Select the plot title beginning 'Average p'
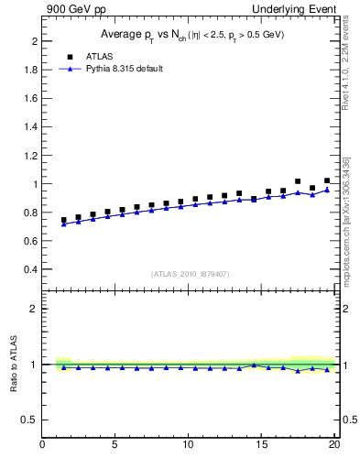click(x=191, y=35)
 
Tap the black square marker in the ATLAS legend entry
click(x=71, y=56)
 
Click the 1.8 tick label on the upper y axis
click(x=29, y=71)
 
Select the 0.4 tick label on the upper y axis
click(x=29, y=270)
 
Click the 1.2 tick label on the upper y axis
click(x=29, y=156)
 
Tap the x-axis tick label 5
click(x=115, y=446)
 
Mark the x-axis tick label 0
click(x=43, y=446)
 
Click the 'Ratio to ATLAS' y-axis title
click(x=12, y=364)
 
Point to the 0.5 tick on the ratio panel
click(x=29, y=420)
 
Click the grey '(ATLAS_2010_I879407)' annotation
click(x=191, y=273)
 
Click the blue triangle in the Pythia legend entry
click(x=71, y=69)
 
